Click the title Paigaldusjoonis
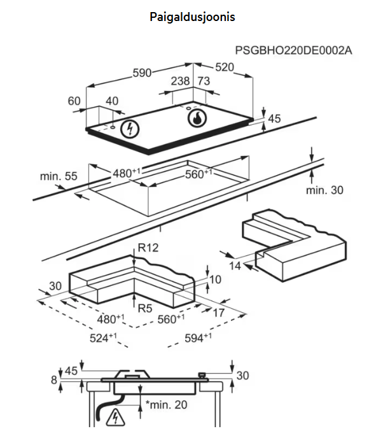(x=192, y=17)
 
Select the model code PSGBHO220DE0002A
(x=293, y=50)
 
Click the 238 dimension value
(x=181, y=81)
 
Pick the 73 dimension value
(x=204, y=81)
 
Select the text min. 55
(x=58, y=176)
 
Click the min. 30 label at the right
(x=324, y=190)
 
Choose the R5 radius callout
(x=146, y=308)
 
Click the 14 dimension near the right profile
(x=235, y=265)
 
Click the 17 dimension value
(x=218, y=313)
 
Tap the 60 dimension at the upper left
(x=74, y=101)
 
